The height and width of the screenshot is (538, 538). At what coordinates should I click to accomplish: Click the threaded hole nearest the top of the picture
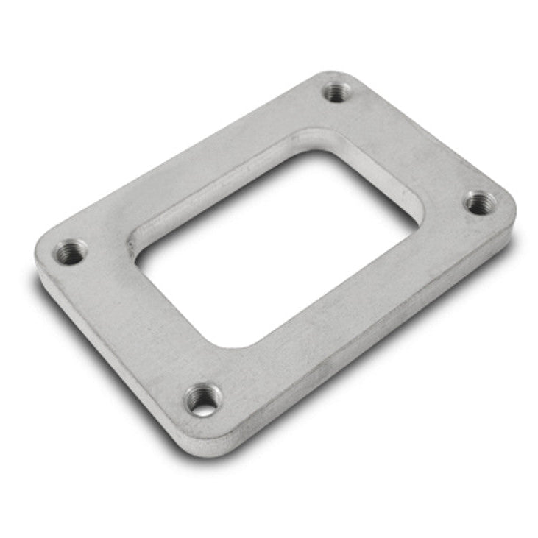[x=337, y=92]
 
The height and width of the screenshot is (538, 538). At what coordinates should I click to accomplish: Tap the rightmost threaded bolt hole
[x=481, y=202]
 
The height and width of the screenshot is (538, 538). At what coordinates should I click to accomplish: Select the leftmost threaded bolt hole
[x=71, y=252]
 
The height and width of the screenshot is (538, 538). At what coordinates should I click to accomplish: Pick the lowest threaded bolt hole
[x=204, y=400]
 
